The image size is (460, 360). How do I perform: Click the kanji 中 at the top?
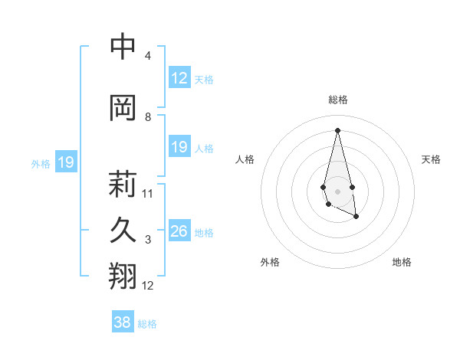(123, 47)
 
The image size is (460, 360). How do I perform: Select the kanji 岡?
(123, 108)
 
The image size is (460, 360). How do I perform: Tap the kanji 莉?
(123, 184)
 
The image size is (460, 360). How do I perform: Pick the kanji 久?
(123, 230)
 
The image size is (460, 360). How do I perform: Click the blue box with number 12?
(179, 78)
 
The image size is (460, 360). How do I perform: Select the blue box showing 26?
(179, 231)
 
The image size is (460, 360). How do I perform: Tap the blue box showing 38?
(123, 322)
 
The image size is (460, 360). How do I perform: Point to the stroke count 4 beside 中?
(148, 56)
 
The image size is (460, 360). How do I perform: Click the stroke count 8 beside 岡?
(148, 117)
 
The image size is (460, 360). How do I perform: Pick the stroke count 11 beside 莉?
(148, 194)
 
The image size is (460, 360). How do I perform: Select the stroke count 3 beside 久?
(148, 240)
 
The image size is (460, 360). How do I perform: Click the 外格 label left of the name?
(41, 163)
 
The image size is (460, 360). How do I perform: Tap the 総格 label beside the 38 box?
(147, 324)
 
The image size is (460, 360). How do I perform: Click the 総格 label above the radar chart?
(338, 100)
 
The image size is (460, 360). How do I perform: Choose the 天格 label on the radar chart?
(432, 159)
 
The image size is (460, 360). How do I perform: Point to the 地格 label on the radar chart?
(402, 262)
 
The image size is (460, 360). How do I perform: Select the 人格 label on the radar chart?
(245, 159)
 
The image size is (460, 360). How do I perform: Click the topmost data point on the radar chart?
(338, 129)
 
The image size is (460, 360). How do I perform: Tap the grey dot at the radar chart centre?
(338, 191)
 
